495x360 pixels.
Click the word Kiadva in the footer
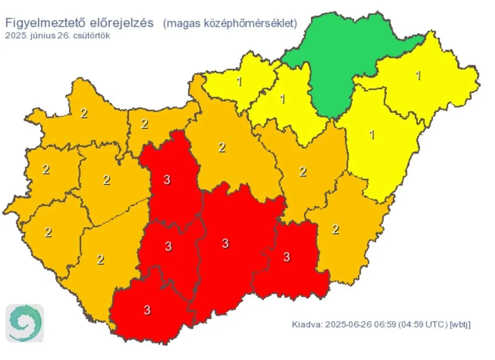306,324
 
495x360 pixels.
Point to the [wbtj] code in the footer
461,324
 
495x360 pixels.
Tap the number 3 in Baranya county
147,310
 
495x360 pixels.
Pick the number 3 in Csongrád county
287,257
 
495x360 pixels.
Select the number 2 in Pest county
221,148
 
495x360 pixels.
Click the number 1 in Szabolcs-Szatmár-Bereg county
418,76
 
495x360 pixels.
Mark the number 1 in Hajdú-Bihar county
372,135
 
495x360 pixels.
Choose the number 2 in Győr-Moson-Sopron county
84,113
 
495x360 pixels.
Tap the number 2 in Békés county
335,229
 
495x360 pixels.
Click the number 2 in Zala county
48,233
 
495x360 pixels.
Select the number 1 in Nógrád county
282,99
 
